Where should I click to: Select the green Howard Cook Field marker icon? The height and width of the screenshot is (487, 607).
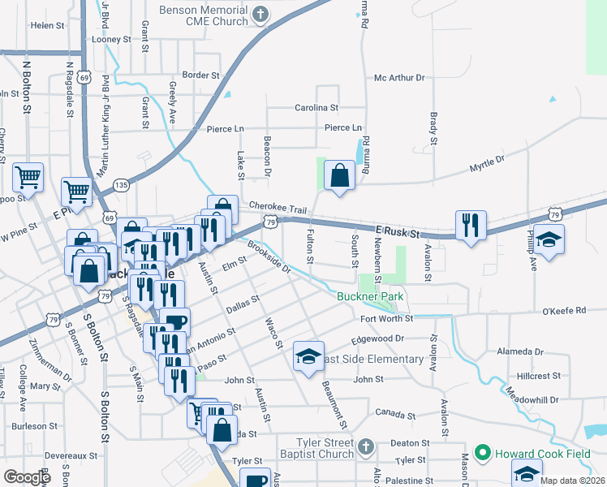click(x=482, y=450)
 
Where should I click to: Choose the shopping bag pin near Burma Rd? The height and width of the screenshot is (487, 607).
click(x=339, y=175)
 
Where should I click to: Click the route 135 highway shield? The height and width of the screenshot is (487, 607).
click(x=120, y=185)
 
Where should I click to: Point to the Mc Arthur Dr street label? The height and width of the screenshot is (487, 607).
click(x=399, y=78)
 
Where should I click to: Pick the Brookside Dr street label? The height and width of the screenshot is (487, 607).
click(x=269, y=258)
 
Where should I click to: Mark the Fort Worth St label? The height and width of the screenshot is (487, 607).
click(x=387, y=318)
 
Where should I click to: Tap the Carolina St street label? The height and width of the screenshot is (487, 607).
click(x=316, y=107)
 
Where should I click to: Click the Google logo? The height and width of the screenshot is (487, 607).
click(x=28, y=476)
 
